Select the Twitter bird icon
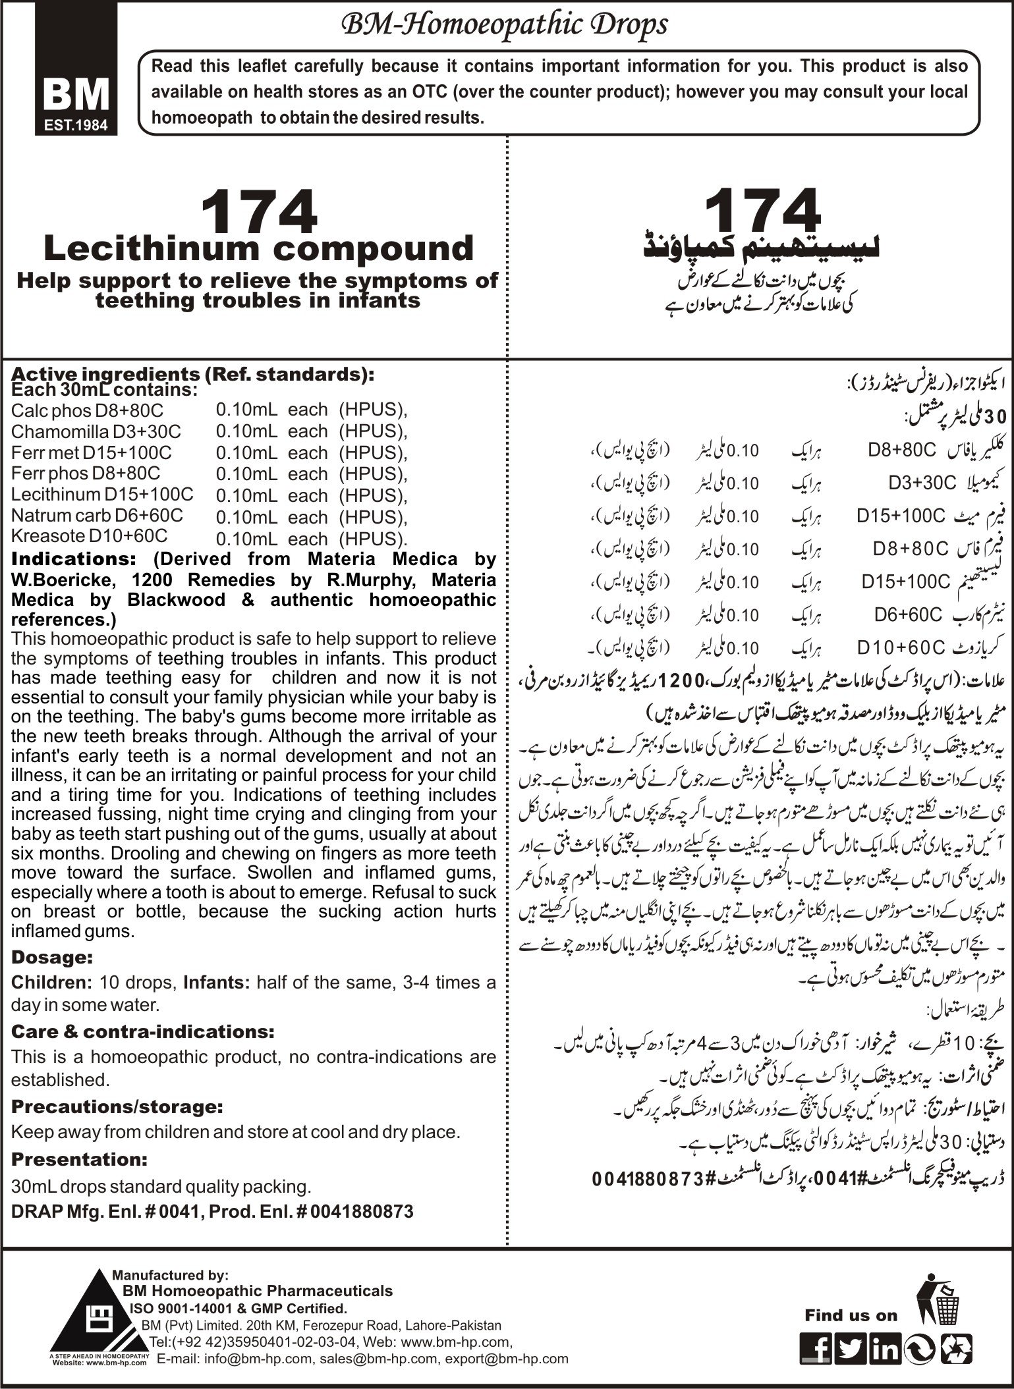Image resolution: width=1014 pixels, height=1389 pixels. (852, 1348)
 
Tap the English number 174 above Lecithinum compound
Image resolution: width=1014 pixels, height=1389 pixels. (258, 213)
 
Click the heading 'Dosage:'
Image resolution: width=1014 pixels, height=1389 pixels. (52, 956)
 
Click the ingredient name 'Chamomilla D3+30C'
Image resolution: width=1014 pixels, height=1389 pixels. (96, 432)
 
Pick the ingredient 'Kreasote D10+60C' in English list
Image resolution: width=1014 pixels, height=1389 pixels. (90, 535)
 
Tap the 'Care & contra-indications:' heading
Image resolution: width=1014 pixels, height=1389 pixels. (142, 1031)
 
